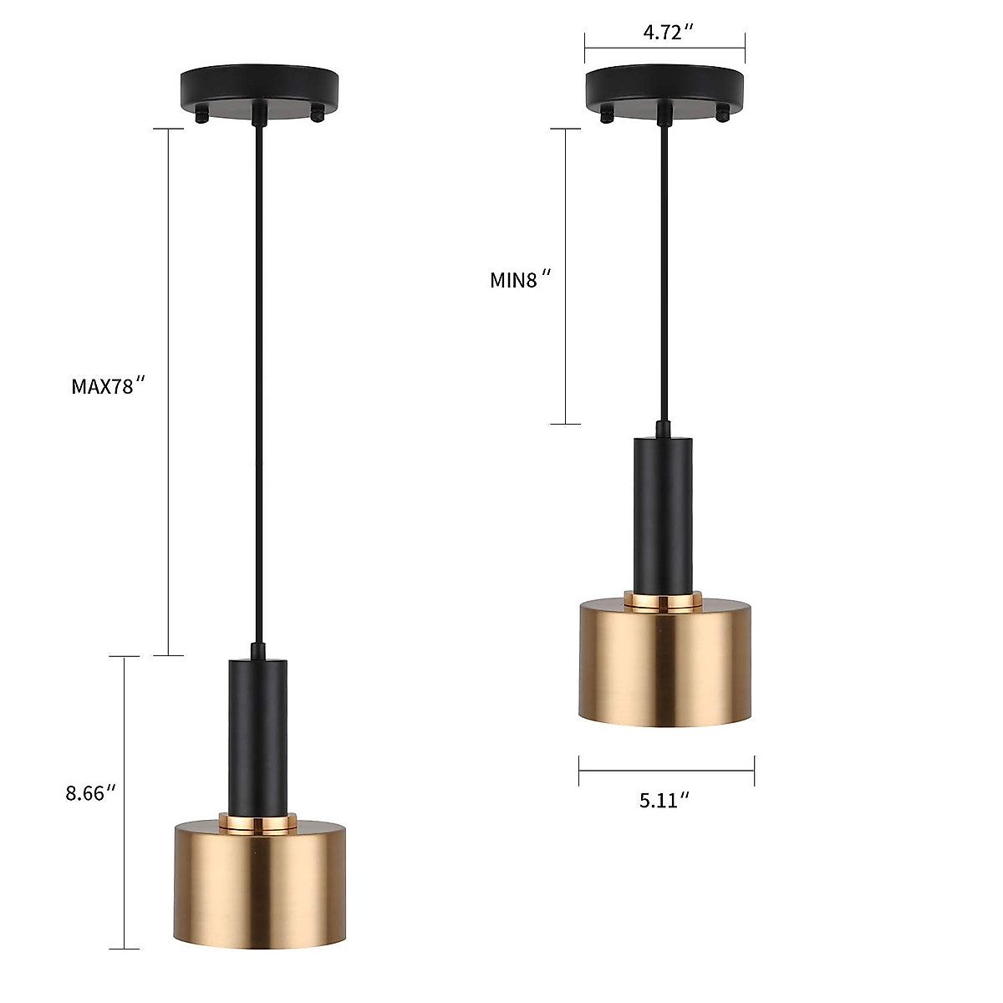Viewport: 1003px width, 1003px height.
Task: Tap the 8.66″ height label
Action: click(90, 792)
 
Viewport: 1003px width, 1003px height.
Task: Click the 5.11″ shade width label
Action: click(664, 800)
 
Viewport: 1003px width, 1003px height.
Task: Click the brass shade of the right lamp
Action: click(665, 660)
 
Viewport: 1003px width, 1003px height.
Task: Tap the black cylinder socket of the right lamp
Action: click(664, 514)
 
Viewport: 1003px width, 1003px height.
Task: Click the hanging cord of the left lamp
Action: click(258, 376)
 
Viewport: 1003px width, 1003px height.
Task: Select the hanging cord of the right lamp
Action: click(664, 276)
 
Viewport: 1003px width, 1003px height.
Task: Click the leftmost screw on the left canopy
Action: click(201, 118)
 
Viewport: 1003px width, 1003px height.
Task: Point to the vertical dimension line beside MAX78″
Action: click(170, 393)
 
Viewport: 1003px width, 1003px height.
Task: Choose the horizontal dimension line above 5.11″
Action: click(666, 771)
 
